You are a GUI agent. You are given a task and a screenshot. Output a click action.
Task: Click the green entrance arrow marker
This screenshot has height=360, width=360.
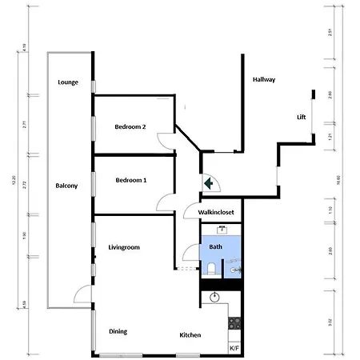(209, 182)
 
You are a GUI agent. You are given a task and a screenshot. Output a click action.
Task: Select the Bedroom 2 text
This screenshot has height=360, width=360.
(130, 126)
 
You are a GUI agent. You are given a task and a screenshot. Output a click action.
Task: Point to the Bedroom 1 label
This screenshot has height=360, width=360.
(130, 180)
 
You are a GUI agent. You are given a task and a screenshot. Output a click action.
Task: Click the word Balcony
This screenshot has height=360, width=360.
(66, 186)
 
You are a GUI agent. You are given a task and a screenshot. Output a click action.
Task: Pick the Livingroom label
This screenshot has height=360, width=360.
(124, 248)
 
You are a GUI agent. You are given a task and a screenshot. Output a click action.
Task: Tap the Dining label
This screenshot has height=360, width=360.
(119, 331)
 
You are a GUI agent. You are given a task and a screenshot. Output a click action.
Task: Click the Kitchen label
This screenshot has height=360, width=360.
(190, 334)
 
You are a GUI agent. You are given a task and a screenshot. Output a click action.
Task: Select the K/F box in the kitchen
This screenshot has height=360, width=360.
(234, 349)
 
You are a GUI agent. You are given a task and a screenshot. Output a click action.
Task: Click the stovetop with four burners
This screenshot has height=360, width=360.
(234, 324)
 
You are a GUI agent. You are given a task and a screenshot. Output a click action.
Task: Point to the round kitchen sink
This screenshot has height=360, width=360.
(214, 298)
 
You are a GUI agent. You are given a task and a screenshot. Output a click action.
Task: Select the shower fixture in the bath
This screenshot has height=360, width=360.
(234, 271)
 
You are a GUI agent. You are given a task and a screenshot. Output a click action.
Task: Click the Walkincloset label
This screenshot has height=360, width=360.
(210, 214)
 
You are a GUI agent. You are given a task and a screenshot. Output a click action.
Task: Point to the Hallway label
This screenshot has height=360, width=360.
(264, 80)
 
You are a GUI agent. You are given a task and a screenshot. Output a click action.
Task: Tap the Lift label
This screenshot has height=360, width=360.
(301, 118)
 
